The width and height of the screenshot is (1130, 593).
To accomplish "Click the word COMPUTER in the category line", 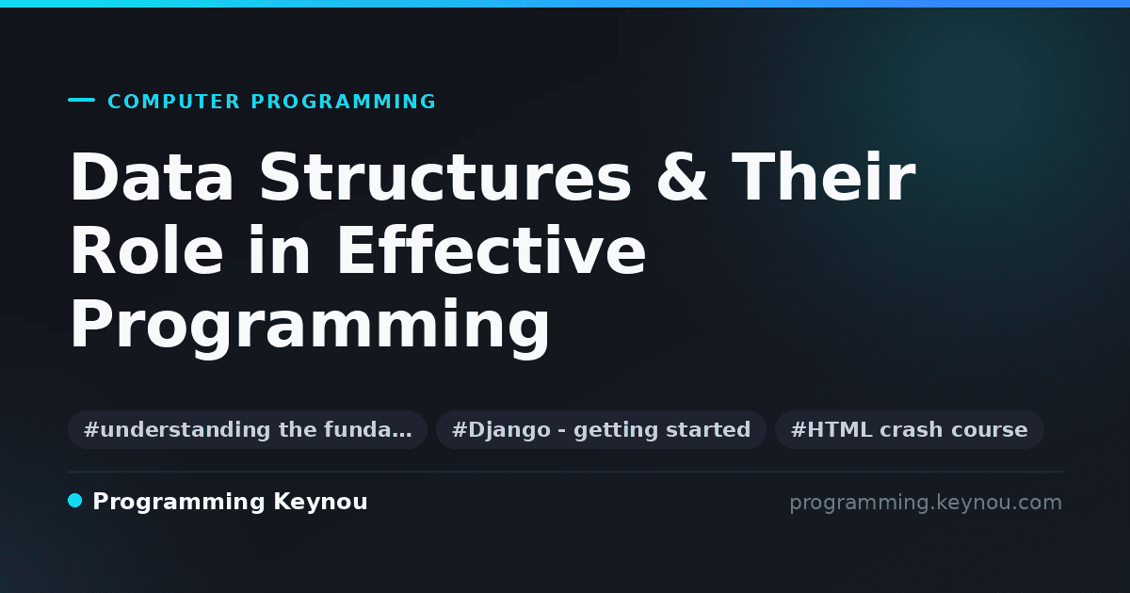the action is pos(173,102).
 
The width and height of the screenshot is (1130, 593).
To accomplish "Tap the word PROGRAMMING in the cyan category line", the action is pos(343,102).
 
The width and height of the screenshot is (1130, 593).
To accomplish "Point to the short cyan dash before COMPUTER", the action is pos(81,100).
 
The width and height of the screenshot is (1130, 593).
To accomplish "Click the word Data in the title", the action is pos(152,177).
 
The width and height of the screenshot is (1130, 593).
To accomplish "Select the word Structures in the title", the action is pos(445,177).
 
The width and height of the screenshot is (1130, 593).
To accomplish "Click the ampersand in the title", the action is pos(682,177).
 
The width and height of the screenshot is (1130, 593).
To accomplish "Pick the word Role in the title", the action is pos(147,249).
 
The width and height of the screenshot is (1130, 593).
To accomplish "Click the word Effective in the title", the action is pos(492,249).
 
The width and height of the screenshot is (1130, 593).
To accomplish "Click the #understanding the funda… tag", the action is pos(248,429).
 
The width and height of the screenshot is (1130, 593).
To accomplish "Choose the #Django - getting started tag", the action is pos(602,429).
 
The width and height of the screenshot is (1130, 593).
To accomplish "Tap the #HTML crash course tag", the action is pos(909,429).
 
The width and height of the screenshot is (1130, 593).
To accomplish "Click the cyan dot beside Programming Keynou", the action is pos(75,501).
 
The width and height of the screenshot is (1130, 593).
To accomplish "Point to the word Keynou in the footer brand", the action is pos(320,503).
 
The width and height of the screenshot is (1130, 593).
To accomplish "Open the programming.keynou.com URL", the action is pos(926,503).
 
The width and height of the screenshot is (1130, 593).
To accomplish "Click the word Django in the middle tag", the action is pos(509,430).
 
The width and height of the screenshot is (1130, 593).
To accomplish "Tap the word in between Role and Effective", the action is pos(280,249).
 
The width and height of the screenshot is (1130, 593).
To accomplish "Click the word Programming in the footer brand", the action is pos(179,503).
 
